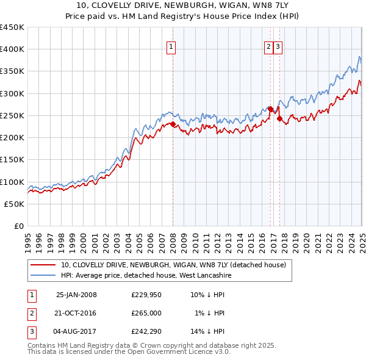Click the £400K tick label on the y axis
(12, 49)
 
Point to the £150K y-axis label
(12, 160)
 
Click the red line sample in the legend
(42, 265)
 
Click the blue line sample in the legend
(42, 275)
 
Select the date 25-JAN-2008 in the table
(76, 295)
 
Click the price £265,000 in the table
(146, 313)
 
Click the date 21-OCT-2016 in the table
(76, 313)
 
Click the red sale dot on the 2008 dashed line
(173, 124)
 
